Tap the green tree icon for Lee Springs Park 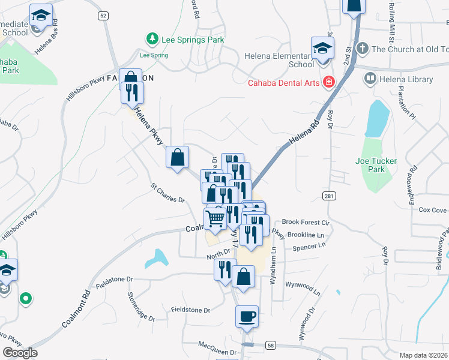click(152, 40)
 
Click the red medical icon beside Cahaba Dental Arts click(328, 82)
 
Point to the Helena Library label click(406, 79)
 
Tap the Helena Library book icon click(370, 79)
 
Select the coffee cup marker click(247, 316)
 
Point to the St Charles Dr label click(167, 196)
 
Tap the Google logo click(20, 353)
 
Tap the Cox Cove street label click(432, 210)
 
